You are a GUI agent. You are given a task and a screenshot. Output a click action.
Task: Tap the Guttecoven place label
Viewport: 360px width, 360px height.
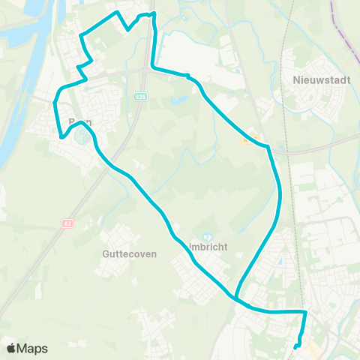(129, 253)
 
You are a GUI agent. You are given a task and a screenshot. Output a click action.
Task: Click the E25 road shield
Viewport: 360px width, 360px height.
(140, 96)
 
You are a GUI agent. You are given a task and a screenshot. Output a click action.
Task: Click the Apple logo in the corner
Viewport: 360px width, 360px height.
(11, 348)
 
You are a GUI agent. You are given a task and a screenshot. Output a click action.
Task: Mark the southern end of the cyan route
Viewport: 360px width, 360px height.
(297, 346)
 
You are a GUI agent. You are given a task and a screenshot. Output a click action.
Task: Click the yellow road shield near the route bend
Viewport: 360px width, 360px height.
(251, 138)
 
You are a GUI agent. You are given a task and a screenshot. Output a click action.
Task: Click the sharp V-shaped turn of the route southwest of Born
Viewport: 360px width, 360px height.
(60, 137)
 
